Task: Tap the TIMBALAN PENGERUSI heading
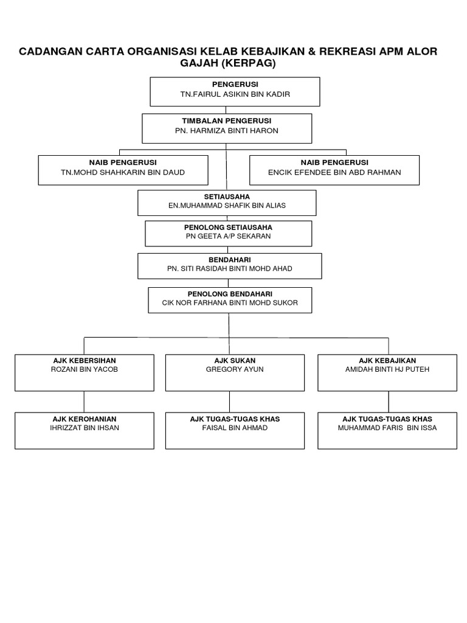coord(227,121)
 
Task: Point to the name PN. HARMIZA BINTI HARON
coord(227,131)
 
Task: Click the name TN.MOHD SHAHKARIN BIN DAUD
coord(123,172)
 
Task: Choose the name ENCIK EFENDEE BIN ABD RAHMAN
coord(334,172)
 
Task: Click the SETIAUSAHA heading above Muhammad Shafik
coord(227,196)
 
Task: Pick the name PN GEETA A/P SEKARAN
coord(228,236)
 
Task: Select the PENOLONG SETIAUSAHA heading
coord(228,227)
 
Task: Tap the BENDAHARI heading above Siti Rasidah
coord(230,259)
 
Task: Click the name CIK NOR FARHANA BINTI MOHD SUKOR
coord(230,302)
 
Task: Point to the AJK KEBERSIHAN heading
coord(85,360)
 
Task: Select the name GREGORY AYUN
coord(235,369)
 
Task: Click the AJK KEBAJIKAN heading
coord(387,360)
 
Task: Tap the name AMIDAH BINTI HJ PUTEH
coord(387,369)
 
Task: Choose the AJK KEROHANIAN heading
coord(85,419)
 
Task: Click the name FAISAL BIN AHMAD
coord(235,428)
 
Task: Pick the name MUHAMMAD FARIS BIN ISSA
coord(387,428)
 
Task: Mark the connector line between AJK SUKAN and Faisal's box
coord(229,402)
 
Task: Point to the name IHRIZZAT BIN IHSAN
coord(85,428)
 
